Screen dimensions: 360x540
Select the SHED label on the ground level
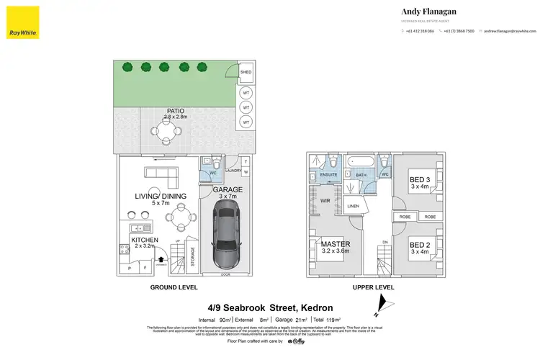click(x=246, y=73)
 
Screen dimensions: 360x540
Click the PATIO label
click(x=165, y=111)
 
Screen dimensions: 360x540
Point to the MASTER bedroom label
click(x=336, y=244)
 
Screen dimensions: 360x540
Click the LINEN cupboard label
click(x=353, y=206)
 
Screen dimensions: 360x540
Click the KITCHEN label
click(x=144, y=239)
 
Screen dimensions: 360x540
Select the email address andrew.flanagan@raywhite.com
click(x=510, y=31)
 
